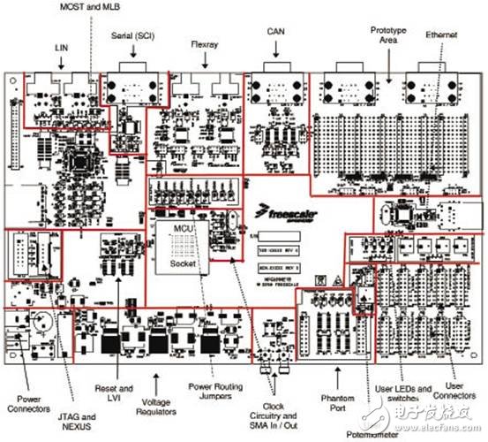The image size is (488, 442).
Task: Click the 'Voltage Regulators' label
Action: tap(156, 407)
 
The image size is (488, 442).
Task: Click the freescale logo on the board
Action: tap(285, 213)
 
